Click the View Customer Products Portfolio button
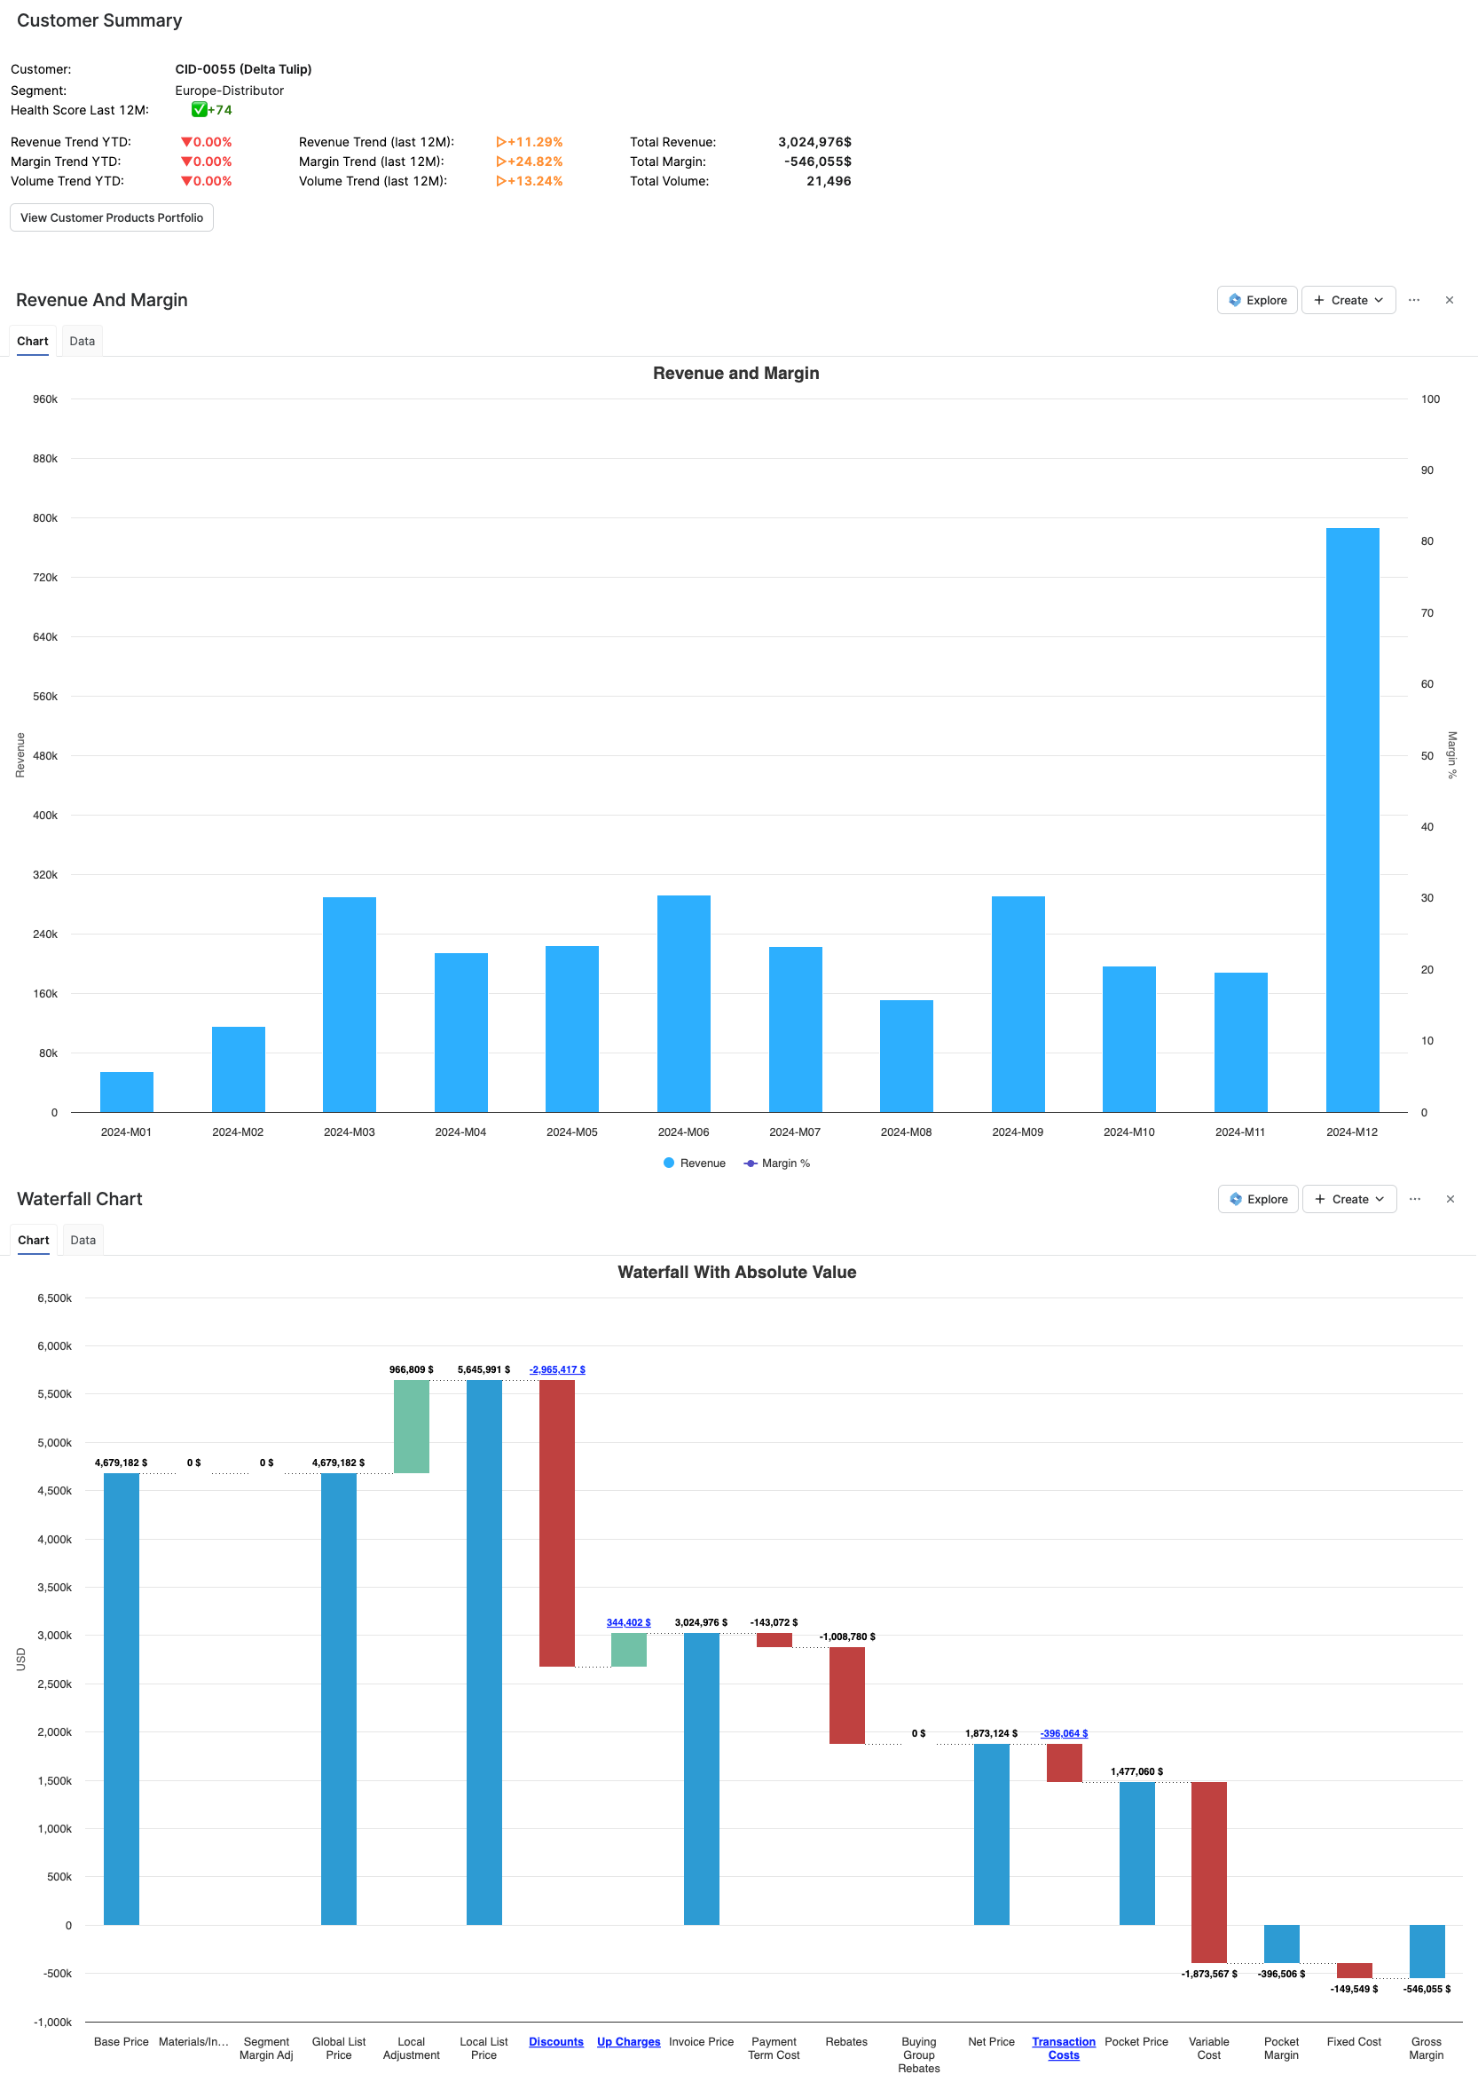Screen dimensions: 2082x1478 pyautogui.click(x=111, y=217)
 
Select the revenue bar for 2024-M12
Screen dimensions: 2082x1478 pyautogui.click(x=1351, y=819)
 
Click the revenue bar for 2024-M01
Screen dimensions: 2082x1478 pyautogui.click(x=127, y=1092)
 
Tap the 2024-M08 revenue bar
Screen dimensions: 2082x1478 pyautogui.click(x=906, y=1056)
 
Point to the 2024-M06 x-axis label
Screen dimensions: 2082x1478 pyautogui.click(x=682, y=1132)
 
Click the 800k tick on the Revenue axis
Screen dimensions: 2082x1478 pyautogui.click(x=44, y=518)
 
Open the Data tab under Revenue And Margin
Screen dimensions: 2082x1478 pyautogui.click(x=82, y=342)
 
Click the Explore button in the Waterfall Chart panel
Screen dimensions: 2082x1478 pyautogui.click(x=1258, y=1199)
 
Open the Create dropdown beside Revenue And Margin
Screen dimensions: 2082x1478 pyautogui.click(x=1348, y=301)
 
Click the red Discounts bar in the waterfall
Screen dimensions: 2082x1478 pyautogui.click(x=556, y=1522)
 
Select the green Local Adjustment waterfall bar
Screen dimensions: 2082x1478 pyautogui.click(x=412, y=1425)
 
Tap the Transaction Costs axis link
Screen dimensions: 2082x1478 pyautogui.click(x=1063, y=2048)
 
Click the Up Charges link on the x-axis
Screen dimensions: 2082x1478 pyautogui.click(x=628, y=2042)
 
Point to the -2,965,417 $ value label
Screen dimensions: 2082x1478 pyautogui.click(x=557, y=1369)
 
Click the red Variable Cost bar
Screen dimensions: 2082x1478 pyautogui.click(x=1208, y=1871)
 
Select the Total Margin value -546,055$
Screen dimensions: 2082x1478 pyautogui.click(x=817, y=162)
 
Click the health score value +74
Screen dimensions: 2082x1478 pyautogui.click(x=219, y=110)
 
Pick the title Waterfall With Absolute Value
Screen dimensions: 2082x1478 pyautogui.click(x=736, y=1272)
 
